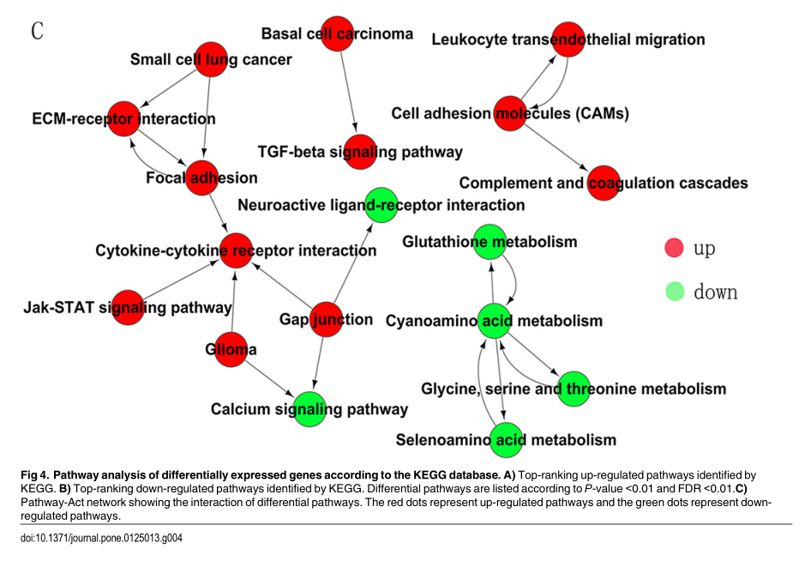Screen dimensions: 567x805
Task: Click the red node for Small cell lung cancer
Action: click(211, 59)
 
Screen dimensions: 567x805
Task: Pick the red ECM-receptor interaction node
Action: click(123, 118)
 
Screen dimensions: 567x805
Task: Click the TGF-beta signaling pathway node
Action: click(360, 151)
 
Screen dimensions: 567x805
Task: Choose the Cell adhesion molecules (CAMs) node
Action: click(510, 113)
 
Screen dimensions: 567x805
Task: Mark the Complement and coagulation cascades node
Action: click(604, 183)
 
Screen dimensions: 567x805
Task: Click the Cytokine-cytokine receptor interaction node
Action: click(237, 250)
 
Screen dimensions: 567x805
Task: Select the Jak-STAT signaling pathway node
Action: click(128, 307)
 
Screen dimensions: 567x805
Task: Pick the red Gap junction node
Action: click(327, 319)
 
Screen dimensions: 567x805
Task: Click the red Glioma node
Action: click(231, 349)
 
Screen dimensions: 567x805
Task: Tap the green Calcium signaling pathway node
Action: click(309, 408)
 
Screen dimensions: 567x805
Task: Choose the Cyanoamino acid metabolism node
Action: click(495, 321)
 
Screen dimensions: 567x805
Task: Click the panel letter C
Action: click(38, 32)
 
